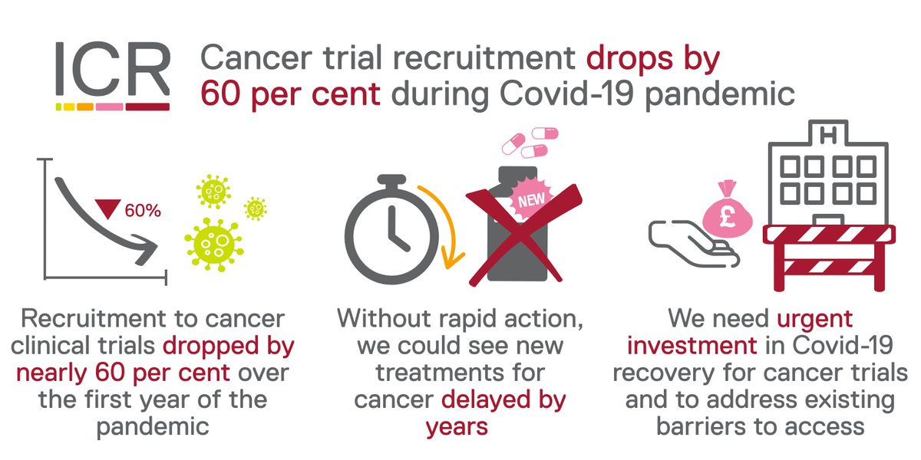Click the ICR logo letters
112,68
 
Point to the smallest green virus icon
255,207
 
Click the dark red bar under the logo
147,106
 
